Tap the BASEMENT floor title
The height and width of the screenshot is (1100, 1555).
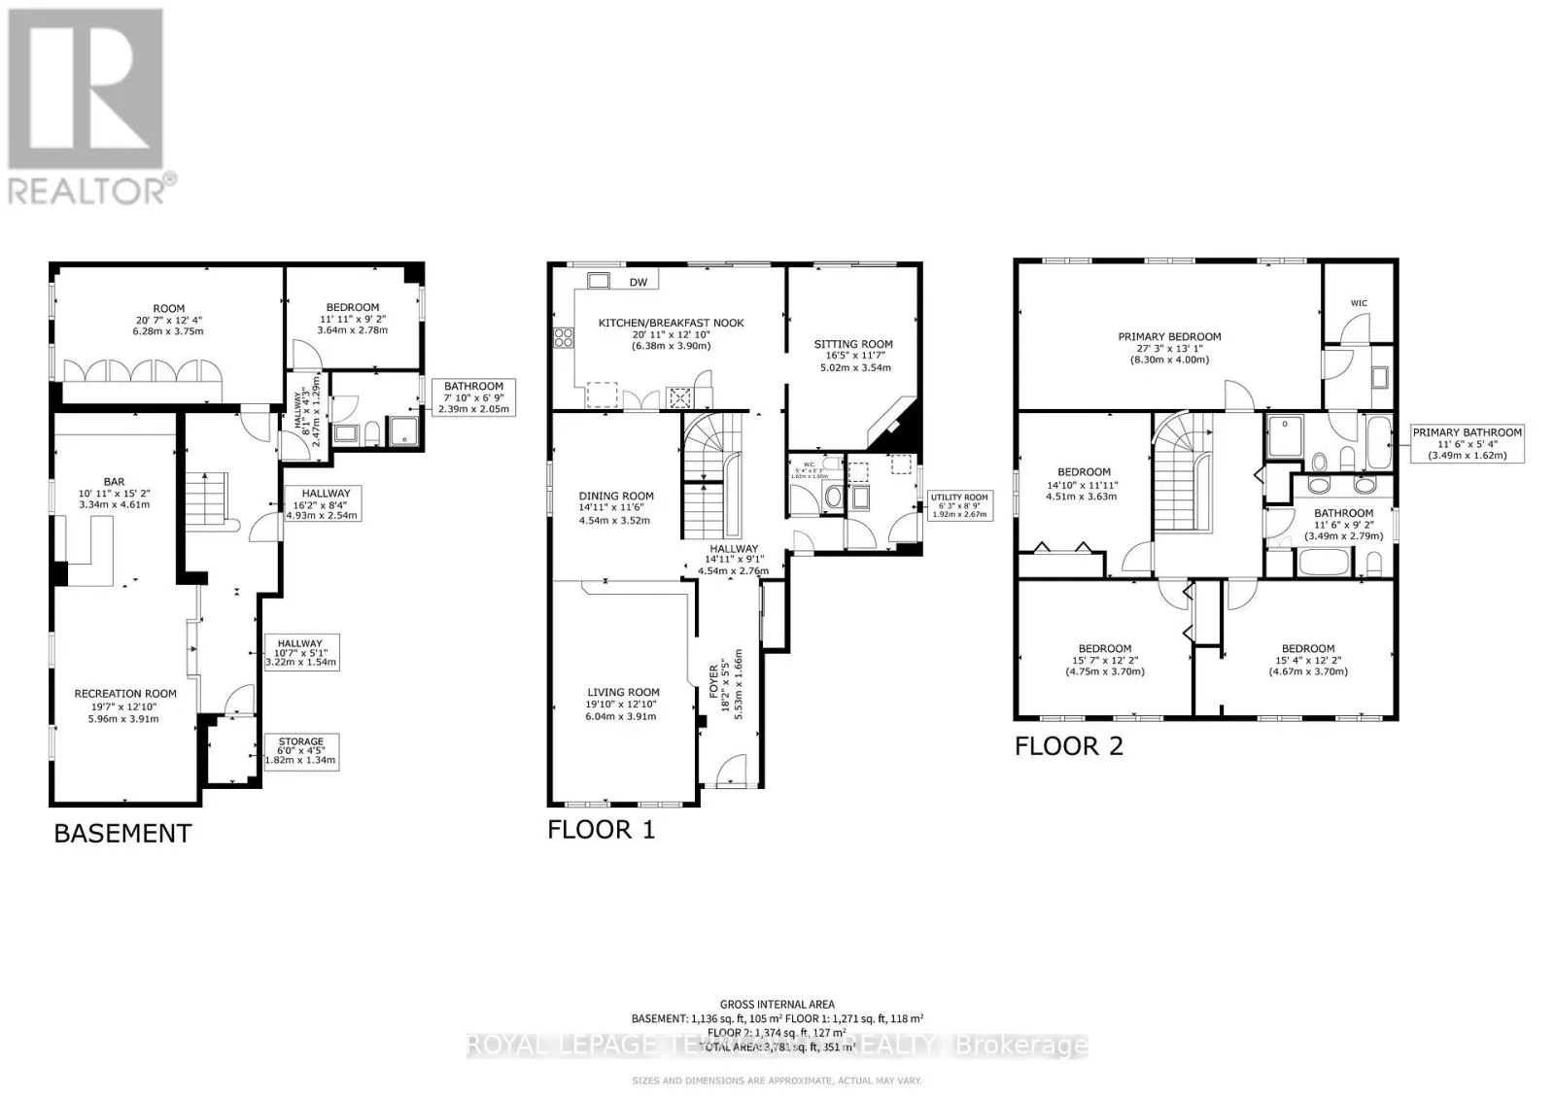(122, 834)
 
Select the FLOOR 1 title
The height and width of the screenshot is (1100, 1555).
(602, 829)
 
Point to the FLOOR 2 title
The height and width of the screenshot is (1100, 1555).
(1069, 746)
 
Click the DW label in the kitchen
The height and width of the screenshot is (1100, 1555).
(638, 283)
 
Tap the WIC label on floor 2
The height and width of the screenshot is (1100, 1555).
(1359, 303)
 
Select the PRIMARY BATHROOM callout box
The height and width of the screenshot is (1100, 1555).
(1468, 443)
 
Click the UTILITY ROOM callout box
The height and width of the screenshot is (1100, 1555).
(960, 505)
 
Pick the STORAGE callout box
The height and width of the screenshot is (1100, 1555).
(300, 751)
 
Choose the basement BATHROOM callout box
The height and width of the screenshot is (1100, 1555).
(474, 397)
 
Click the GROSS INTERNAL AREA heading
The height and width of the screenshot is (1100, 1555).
(777, 1005)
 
